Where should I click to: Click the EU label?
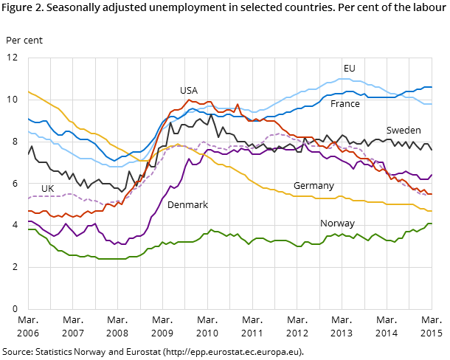349,69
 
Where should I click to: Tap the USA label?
189,91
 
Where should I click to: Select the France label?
345,104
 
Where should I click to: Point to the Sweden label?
404,131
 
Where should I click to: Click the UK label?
47,189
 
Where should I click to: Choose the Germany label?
314,186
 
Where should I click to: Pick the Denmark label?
187,205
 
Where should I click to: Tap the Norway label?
337,224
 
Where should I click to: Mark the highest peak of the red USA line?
189,100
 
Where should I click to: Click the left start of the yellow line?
28,91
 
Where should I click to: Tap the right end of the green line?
432,224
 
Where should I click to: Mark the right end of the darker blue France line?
432,87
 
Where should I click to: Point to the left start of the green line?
28,229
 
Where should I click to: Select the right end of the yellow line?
432,211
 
